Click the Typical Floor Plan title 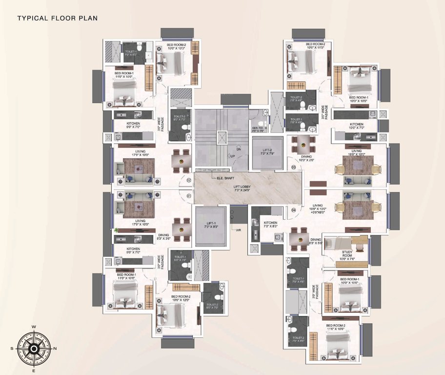pyautogui.click(x=58, y=19)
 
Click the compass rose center pyautogui.click(x=33, y=349)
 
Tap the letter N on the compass pyautogui.click(x=55, y=349)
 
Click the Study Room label pyautogui.click(x=347, y=254)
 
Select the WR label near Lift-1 pyautogui.click(x=239, y=230)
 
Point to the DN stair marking pyautogui.click(x=239, y=149)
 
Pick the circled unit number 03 pyautogui.click(x=294, y=167)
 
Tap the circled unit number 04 pyautogui.click(x=294, y=210)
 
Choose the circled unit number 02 pyautogui.click(x=189, y=180)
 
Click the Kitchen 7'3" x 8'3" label pyautogui.click(x=270, y=224)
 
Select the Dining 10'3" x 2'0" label pyautogui.click(x=306, y=158)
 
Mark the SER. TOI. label pyautogui.click(x=258, y=128)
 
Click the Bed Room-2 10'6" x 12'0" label pyautogui.click(x=181, y=298)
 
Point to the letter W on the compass pyautogui.click(x=34, y=327)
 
